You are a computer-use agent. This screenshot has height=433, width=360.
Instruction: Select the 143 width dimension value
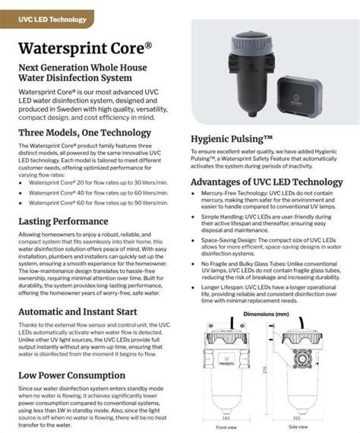pos(226,418)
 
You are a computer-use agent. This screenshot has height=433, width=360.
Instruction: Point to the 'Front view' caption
pos(226,427)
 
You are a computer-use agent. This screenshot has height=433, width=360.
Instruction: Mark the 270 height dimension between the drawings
pos(267,370)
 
